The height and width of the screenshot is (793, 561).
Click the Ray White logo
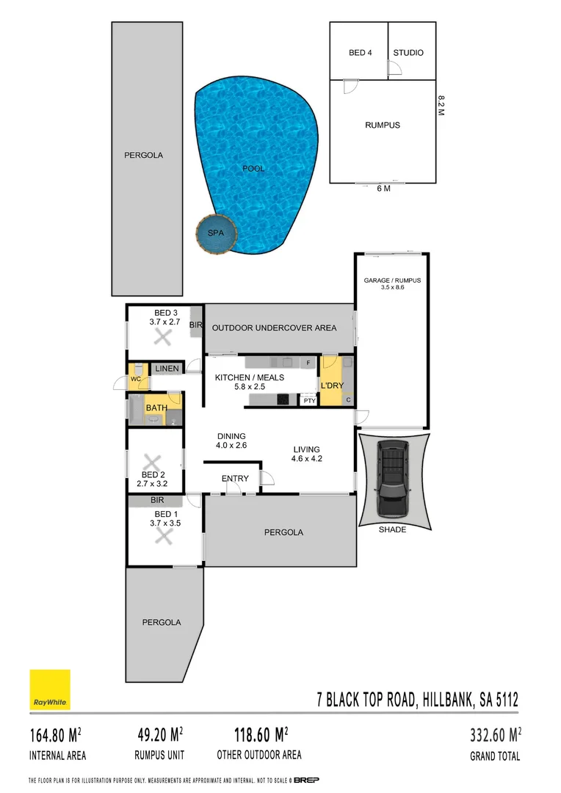(50, 689)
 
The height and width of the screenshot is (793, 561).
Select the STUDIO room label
(408, 53)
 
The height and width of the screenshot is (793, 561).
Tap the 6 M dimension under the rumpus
(383, 189)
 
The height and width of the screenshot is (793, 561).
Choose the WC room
(136, 379)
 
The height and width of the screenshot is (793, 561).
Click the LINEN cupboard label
(167, 368)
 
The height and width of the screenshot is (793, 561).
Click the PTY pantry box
(309, 401)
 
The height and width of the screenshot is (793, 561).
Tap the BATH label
(156, 408)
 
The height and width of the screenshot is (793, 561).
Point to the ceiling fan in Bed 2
(152, 463)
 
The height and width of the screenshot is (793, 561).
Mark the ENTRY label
(235, 479)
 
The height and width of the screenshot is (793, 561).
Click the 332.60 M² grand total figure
(495, 734)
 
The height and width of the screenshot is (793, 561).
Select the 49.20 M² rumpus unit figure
(159, 734)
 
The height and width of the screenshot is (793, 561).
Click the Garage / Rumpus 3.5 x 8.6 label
(392, 284)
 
